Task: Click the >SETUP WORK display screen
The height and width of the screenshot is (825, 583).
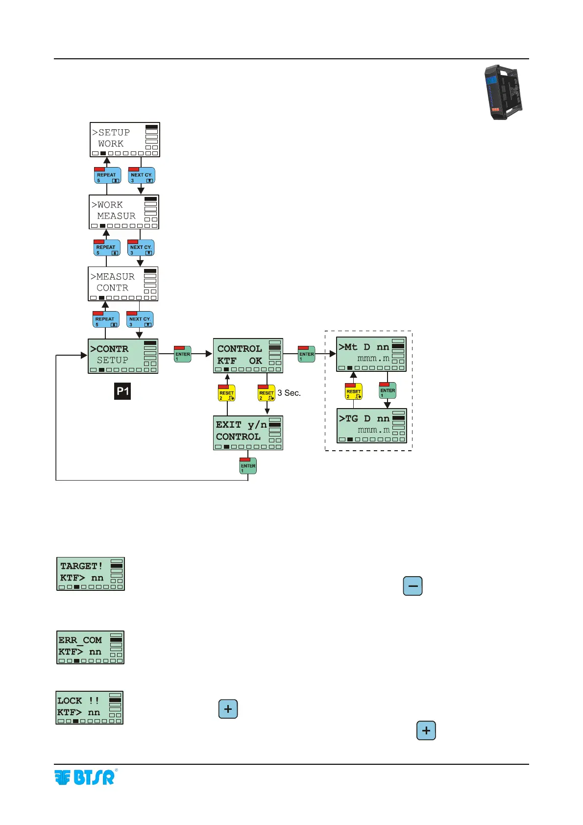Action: [x=125, y=140]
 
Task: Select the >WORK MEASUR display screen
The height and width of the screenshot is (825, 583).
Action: [x=124, y=212]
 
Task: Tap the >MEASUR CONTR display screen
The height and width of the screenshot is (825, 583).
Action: [x=123, y=284]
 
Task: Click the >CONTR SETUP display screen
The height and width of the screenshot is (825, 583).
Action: [x=123, y=356]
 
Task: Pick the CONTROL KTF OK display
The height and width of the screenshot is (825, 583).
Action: [x=248, y=356]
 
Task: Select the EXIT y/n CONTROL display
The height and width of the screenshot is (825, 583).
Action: [x=248, y=433]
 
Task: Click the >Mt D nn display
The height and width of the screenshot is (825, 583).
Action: [x=371, y=354]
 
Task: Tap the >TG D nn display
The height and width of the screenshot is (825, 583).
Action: [x=371, y=426]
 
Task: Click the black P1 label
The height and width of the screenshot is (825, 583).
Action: [x=122, y=391]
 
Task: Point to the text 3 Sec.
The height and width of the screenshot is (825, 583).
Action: [x=289, y=393]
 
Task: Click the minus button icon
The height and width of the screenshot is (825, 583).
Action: [x=413, y=586]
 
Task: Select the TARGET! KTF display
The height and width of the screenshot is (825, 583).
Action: [x=91, y=574]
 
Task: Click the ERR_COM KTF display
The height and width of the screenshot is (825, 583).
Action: [x=91, y=647]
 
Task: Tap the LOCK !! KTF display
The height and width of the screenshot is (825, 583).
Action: [x=90, y=707]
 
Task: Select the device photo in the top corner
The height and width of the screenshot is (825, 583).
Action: [x=503, y=93]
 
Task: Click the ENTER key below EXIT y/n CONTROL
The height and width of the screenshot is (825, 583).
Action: [x=248, y=466]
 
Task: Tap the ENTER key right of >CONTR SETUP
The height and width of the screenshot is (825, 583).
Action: [x=183, y=354]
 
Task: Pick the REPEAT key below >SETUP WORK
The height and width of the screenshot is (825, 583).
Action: [x=107, y=175]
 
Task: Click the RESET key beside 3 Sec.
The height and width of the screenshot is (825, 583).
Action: [x=267, y=393]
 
